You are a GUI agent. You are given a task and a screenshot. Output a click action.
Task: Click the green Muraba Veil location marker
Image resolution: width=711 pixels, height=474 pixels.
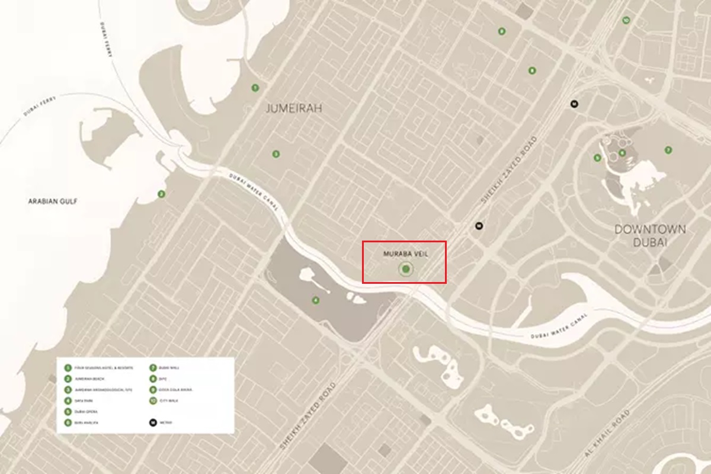click(405, 270)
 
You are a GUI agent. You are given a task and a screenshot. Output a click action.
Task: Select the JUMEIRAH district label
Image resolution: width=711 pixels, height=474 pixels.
click(286, 108)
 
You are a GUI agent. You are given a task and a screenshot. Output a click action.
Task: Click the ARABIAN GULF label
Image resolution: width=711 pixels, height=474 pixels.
click(53, 201)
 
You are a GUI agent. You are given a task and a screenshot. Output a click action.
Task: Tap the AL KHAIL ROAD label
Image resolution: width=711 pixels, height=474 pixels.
click(606, 436)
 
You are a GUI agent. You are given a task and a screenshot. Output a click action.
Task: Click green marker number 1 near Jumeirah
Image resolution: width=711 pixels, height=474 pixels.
click(255, 88)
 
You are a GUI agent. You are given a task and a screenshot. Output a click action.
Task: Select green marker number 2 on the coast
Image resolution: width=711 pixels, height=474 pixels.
click(161, 194)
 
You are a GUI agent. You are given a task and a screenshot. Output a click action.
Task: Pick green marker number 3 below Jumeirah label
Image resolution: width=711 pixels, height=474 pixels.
click(276, 154)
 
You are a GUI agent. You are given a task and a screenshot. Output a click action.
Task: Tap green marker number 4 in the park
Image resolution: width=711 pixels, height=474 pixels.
click(316, 300)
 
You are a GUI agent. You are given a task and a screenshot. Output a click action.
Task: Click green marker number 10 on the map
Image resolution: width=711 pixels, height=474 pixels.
click(626, 21)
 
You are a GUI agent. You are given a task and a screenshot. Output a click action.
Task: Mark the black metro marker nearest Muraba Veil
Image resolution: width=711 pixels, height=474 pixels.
click(479, 226)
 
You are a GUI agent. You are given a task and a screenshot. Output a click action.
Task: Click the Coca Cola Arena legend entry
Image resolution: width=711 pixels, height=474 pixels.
click(174, 389)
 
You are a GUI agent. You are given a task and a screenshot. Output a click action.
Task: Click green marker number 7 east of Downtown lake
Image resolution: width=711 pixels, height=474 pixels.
click(668, 150)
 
